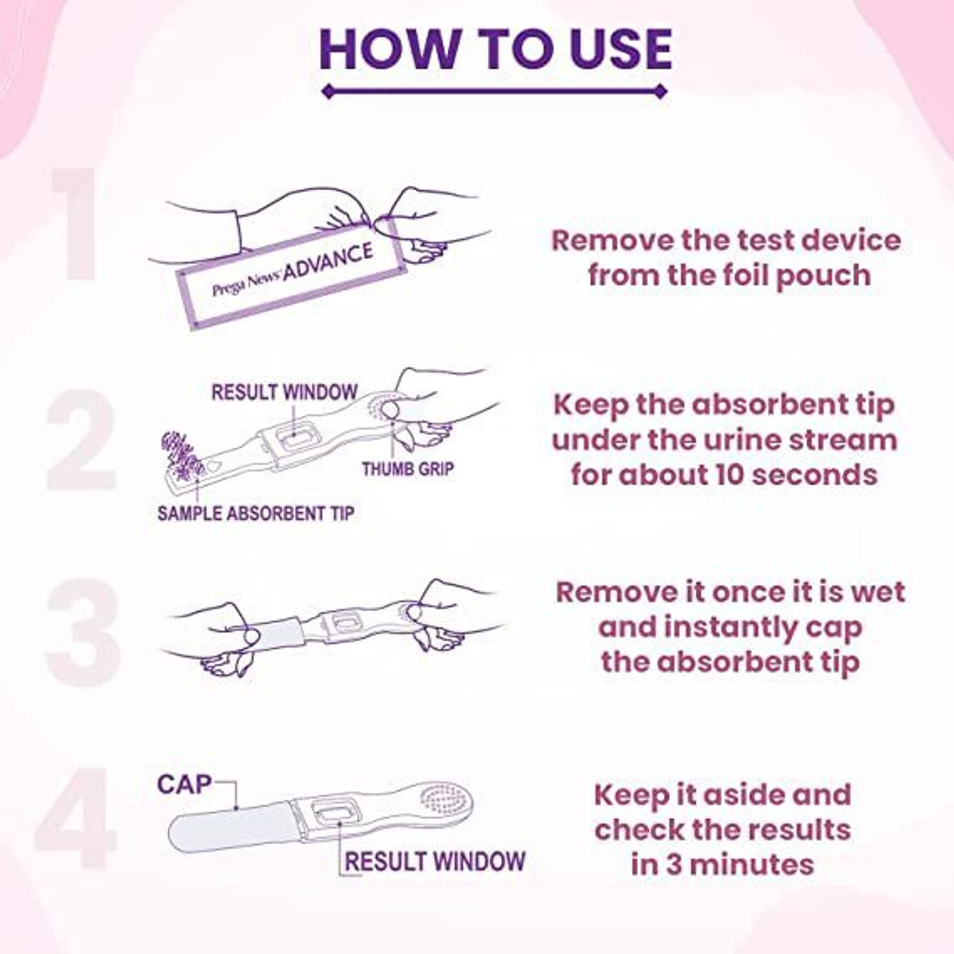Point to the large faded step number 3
click(83, 633)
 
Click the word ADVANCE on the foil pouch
click(328, 261)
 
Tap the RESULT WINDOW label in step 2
click(284, 392)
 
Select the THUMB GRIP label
click(408, 469)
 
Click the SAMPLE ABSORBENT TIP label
click(255, 513)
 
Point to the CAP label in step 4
click(184, 784)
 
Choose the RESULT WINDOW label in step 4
click(435, 861)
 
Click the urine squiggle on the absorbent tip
click(182, 454)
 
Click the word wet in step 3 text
click(878, 591)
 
